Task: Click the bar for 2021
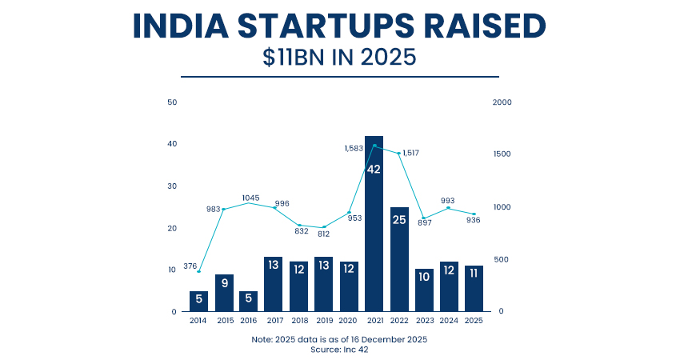coord(374,224)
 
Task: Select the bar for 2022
coord(398,259)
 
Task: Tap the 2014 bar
coord(199,301)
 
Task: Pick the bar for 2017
coord(274,284)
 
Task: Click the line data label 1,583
coord(354,148)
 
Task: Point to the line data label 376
coord(190,266)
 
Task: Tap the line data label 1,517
coord(410,153)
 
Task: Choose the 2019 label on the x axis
coord(323,320)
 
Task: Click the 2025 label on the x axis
coord(474,320)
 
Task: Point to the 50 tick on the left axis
coord(172,102)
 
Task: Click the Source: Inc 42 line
coord(339,350)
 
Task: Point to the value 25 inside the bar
coord(398,219)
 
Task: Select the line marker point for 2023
coord(424,218)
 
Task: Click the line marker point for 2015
coord(224,209)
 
